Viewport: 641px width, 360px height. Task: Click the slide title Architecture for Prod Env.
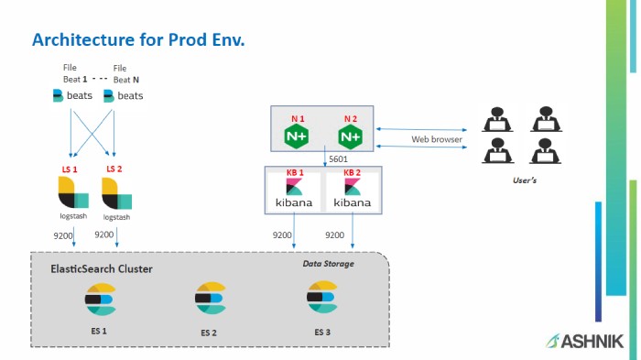(138, 40)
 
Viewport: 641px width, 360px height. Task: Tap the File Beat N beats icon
(124, 95)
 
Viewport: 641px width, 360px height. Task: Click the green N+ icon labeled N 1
(296, 136)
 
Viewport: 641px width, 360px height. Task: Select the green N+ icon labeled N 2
(350, 136)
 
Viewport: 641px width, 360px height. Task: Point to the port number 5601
(338, 159)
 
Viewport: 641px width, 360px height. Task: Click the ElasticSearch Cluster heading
(101, 268)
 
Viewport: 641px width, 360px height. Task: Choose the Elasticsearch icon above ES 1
(98, 299)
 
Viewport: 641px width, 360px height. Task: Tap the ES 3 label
(321, 331)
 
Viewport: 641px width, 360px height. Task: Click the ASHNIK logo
(585, 341)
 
